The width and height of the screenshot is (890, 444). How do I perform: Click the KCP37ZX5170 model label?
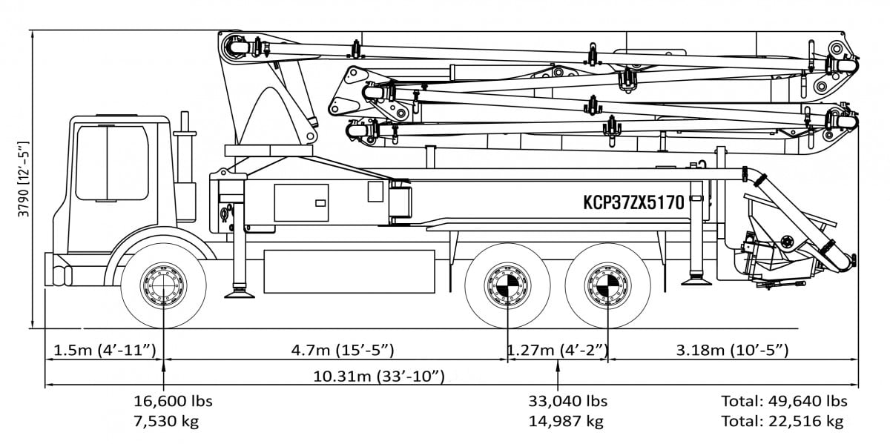click(633, 202)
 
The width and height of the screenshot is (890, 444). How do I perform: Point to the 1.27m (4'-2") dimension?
click(557, 349)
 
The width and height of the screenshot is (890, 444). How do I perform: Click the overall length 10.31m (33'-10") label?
click(378, 377)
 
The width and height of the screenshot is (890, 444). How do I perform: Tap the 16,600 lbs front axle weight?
click(173, 401)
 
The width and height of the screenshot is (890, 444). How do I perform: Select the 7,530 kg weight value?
click(173, 421)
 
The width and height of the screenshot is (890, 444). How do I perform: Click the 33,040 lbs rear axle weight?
click(567, 401)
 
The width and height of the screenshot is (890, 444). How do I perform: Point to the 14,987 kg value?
click(567, 421)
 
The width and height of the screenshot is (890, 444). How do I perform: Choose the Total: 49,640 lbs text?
click(784, 401)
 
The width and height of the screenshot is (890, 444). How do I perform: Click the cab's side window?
click(112, 163)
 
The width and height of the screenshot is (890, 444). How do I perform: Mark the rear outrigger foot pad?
click(697, 279)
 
